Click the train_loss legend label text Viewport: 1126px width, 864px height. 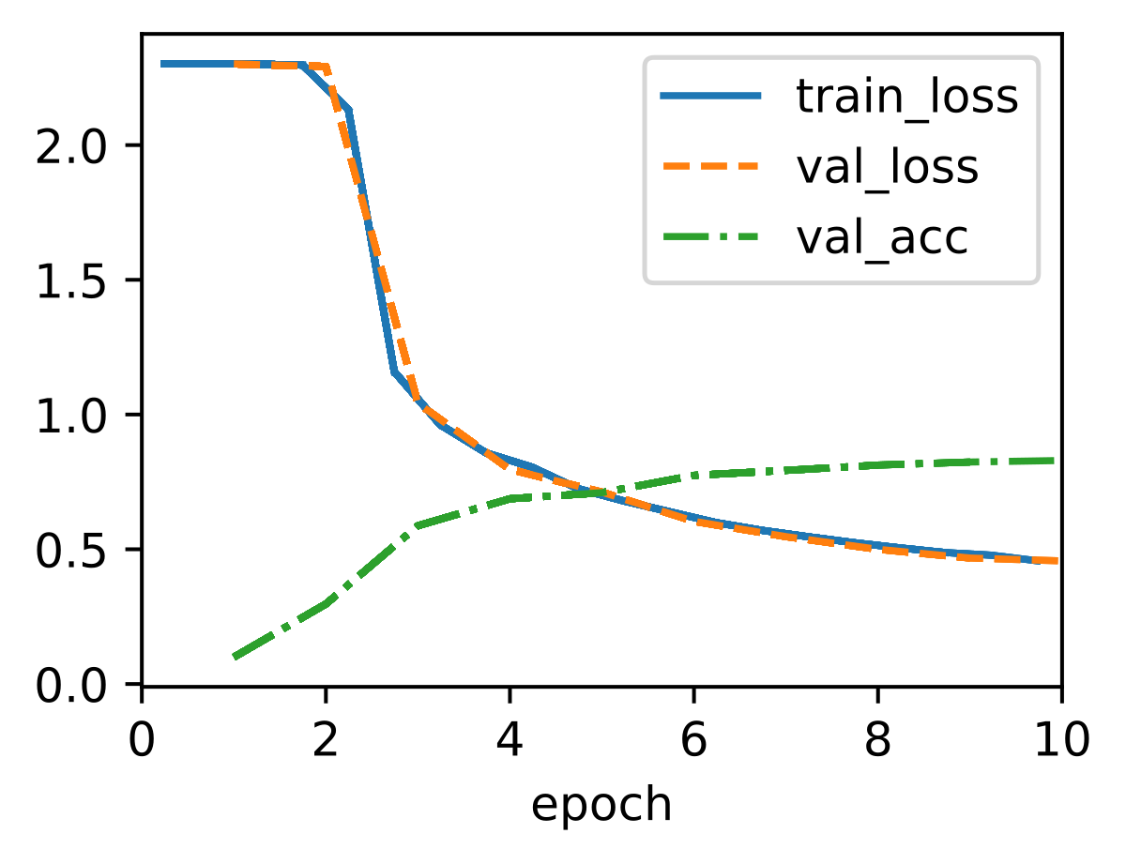point(906,97)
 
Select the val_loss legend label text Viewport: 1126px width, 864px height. point(887,167)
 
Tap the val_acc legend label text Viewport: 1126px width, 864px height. point(882,238)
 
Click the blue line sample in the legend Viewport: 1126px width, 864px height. point(710,96)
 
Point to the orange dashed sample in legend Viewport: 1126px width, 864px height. point(710,166)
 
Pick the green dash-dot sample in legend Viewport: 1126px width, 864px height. point(710,237)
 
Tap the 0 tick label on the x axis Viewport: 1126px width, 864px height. point(141,741)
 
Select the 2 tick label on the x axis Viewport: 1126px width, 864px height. point(326,741)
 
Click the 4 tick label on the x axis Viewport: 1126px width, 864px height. point(510,741)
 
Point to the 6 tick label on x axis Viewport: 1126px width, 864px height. point(693,741)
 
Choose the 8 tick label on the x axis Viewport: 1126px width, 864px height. point(877,741)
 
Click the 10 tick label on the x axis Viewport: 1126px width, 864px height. point(1062,741)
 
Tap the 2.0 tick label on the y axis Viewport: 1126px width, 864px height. point(71,145)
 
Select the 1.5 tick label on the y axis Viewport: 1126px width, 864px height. point(71,280)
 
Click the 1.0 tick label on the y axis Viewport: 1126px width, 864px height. point(71,416)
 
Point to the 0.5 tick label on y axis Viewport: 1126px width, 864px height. point(71,551)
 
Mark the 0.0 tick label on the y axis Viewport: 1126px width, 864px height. point(71,686)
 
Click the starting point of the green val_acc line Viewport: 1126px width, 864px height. point(235,658)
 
